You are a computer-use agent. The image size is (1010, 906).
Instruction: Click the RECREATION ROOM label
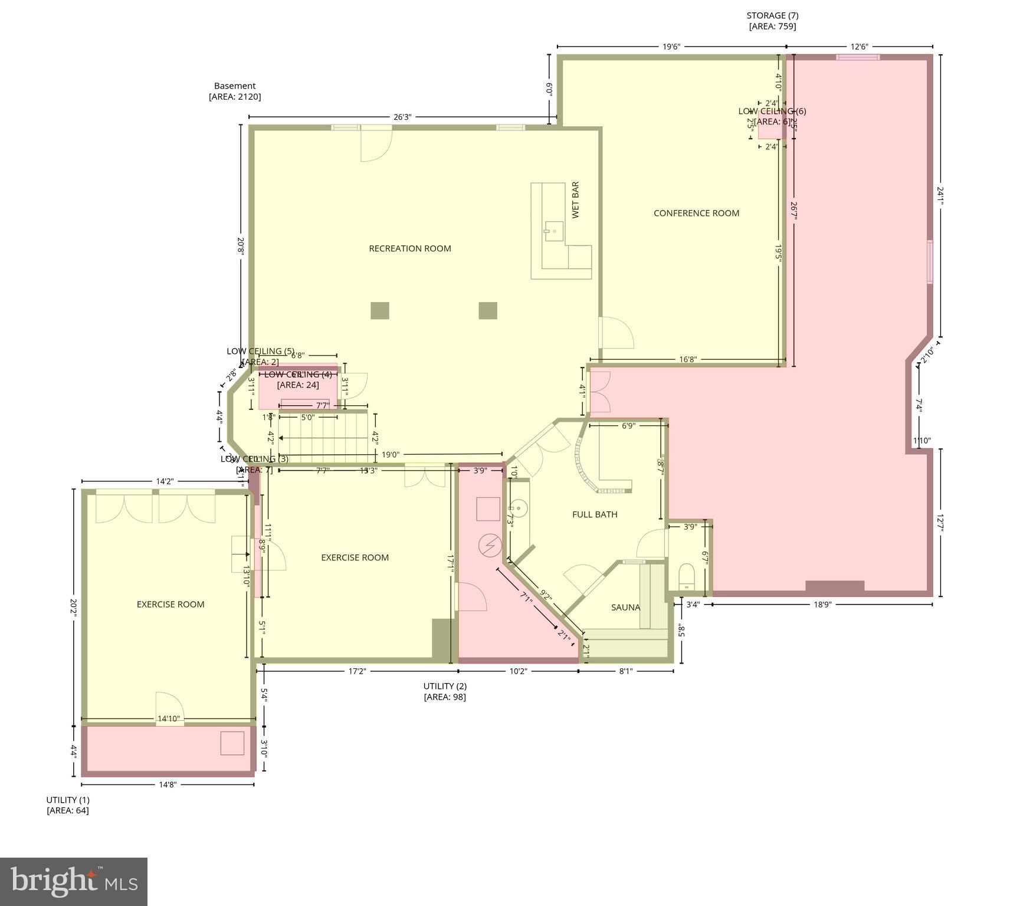point(409,248)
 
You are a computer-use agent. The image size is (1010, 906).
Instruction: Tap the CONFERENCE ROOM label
point(696,213)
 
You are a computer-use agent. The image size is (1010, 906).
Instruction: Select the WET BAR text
point(575,200)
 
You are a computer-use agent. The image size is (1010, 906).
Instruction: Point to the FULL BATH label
point(595,514)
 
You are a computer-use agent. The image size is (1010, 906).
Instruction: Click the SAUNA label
point(625,607)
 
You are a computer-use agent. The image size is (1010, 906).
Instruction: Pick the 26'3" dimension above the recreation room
point(402,117)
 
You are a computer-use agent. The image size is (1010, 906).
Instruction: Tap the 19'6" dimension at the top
point(671,47)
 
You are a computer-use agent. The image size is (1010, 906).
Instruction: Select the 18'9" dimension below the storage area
point(822,604)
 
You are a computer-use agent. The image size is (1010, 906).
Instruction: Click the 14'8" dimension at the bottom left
point(168,784)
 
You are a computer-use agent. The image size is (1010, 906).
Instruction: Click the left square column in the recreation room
point(380,310)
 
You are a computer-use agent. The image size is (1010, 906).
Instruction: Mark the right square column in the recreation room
point(488,310)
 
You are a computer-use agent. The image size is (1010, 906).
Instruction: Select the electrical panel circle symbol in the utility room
point(490,546)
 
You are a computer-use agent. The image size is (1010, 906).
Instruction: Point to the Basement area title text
point(235,86)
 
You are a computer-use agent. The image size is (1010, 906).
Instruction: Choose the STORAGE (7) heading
point(772,15)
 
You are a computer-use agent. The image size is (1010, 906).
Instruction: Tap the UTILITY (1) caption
point(68,800)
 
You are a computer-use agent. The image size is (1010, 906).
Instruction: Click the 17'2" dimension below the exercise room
point(358,671)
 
